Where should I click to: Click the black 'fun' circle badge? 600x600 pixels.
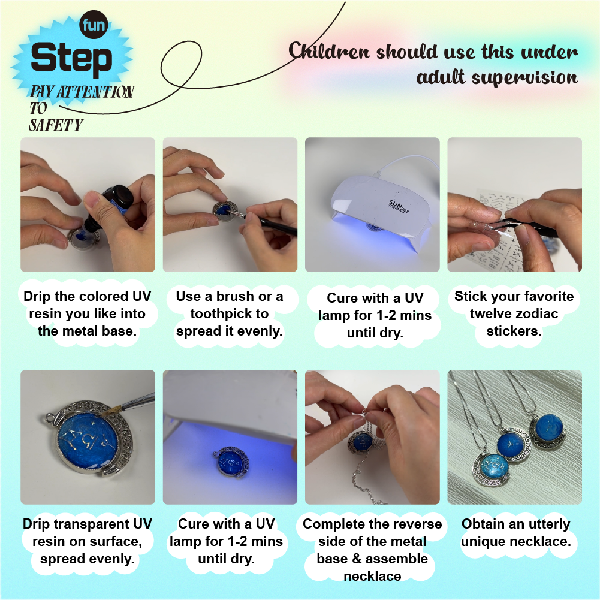[94, 25]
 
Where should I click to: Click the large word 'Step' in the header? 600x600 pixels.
[71, 58]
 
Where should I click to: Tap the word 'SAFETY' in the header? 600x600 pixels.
[56, 125]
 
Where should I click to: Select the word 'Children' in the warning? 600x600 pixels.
[329, 50]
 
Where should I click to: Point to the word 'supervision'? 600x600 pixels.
[524, 78]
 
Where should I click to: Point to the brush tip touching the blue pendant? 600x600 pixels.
[111, 411]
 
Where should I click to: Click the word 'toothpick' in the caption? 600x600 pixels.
[229, 313]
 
